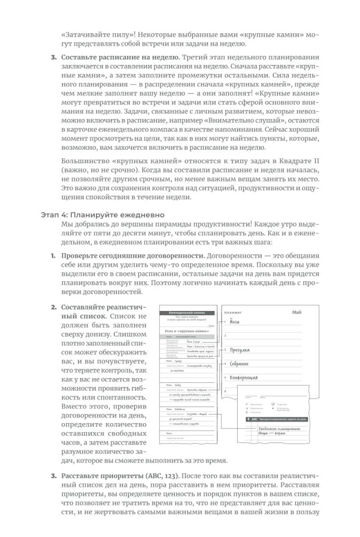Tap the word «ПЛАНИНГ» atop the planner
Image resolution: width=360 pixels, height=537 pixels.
point(234,312)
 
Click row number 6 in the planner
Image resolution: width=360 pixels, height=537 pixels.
point(226,391)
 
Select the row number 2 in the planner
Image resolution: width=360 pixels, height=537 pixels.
point(226,336)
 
